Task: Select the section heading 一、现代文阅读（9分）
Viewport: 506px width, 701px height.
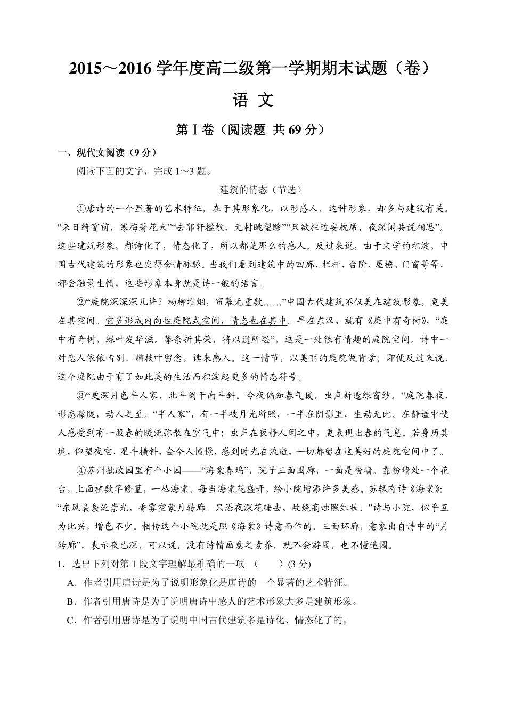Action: click(x=108, y=153)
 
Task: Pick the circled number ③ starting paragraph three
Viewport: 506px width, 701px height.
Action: click(x=81, y=396)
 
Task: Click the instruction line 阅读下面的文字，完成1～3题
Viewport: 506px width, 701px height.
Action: click(x=144, y=172)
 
